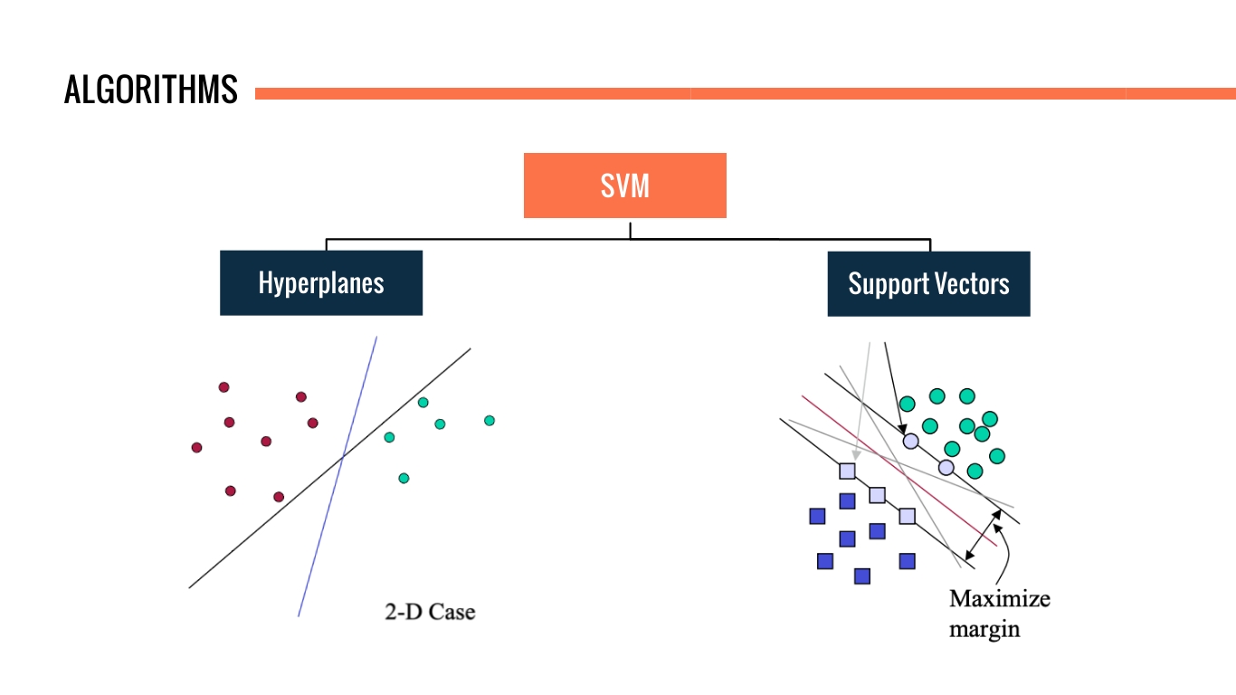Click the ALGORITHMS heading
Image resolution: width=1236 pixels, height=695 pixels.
tap(151, 90)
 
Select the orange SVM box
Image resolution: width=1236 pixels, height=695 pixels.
tap(624, 186)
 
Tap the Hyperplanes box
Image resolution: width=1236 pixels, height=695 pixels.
tap(321, 283)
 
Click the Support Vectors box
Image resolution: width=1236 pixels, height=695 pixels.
tap(928, 284)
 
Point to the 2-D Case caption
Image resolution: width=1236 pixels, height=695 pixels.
tap(430, 613)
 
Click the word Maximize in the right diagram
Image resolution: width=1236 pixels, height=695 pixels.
tap(1000, 599)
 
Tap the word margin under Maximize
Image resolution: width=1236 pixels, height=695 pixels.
tap(984, 630)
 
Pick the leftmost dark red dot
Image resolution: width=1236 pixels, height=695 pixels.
tap(196, 447)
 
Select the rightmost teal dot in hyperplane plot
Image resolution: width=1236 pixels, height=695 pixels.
tap(490, 420)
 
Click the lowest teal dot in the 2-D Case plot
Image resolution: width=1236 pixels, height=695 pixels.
tap(404, 478)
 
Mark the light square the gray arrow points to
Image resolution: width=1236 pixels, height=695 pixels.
tap(847, 471)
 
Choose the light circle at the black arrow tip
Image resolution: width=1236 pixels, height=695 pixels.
tap(911, 441)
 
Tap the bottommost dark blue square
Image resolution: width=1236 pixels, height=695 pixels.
tap(862, 576)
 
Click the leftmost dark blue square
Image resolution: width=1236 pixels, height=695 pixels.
tap(817, 516)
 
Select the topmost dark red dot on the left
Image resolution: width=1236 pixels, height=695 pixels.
tap(223, 387)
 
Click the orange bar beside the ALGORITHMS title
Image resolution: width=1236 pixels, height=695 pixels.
tap(742, 93)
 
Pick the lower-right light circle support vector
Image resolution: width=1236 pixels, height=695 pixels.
tap(946, 467)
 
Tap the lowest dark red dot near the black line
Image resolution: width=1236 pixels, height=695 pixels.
tap(279, 497)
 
